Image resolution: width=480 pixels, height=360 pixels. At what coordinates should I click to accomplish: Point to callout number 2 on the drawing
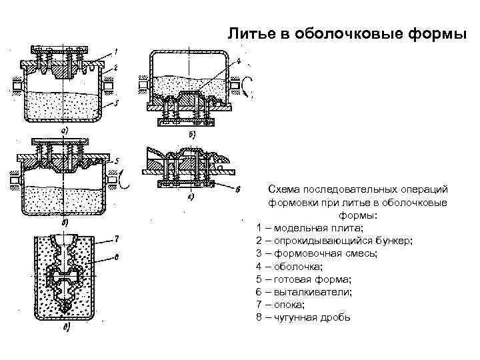pos(115,67)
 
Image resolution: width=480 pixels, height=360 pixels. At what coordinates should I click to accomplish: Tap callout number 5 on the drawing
pos(116,161)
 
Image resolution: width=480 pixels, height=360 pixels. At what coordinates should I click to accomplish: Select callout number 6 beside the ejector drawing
pos(238,189)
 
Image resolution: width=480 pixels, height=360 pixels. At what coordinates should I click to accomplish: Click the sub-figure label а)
pos(65,131)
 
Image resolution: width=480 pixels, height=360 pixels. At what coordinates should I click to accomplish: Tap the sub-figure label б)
pos(192,135)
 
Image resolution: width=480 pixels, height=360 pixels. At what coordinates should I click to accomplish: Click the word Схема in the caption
pos(283,191)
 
